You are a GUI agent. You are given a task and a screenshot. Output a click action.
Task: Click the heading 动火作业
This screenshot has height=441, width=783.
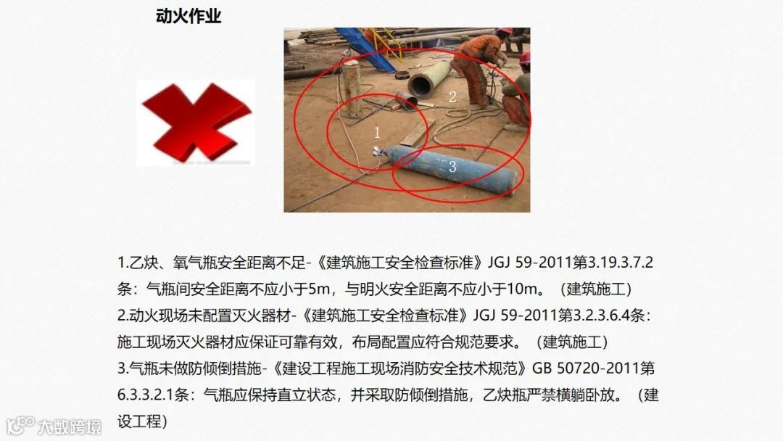[188, 16]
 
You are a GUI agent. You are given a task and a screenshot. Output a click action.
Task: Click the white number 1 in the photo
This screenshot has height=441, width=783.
[377, 132]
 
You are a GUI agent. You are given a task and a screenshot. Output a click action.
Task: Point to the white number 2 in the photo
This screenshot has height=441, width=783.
[452, 96]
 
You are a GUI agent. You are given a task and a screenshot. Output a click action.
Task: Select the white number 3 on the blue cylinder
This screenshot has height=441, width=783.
[452, 166]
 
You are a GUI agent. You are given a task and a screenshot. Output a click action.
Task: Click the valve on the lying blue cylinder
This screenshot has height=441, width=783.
[378, 150]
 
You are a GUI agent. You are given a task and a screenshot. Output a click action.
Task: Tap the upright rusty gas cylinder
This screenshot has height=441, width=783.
[352, 89]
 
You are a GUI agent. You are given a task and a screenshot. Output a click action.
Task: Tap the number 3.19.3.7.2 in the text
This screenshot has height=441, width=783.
[621, 262]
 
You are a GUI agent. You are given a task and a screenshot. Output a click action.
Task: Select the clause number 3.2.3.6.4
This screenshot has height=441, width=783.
[601, 315]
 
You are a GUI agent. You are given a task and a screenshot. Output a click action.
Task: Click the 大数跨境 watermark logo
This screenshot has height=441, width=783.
[54, 426]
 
